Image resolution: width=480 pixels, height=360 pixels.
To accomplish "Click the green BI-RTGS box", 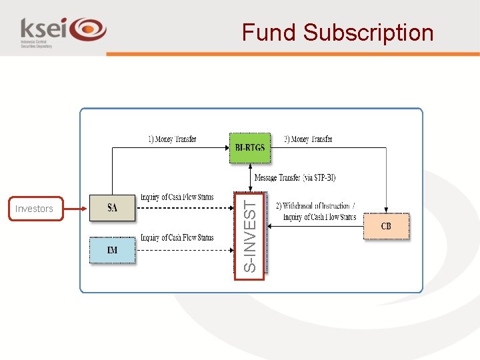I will point(250,147).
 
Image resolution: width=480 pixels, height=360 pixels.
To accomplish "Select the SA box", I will point(113,208).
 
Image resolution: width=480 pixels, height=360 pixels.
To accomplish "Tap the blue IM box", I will point(113,250).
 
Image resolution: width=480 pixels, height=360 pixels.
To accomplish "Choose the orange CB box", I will point(386,227).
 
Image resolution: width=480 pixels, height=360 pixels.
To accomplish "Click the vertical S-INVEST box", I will point(249,233).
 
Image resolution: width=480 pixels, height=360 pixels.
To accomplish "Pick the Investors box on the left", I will point(34,209).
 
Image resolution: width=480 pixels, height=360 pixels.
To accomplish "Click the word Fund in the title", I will point(269,33).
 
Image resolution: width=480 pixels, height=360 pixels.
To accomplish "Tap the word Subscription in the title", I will point(368,33).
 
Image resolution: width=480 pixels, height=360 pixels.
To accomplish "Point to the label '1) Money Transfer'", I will point(172,139).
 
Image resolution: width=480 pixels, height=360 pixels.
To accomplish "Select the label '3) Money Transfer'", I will point(308,139).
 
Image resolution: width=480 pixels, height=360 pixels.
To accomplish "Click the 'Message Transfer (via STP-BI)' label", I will point(295,178).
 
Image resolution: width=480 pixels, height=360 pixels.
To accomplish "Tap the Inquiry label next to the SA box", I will point(177,198).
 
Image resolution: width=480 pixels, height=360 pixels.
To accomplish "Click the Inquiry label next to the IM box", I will point(177,238).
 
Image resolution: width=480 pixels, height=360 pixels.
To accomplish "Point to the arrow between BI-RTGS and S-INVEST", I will point(250,177).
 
